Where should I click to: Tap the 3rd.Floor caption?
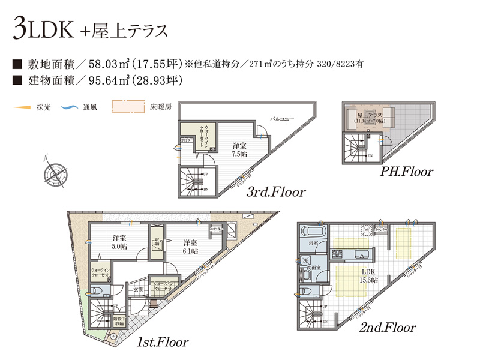276,193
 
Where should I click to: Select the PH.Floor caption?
406,173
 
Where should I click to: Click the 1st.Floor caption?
162,343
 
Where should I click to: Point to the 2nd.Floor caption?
388,328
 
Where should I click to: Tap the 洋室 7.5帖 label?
239,149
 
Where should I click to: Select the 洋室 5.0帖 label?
119,242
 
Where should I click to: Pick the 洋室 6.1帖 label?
191,246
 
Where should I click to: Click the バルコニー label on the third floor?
281,119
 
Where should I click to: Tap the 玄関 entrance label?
139,289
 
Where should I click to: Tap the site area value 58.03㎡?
111,63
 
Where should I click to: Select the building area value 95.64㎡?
111,79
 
